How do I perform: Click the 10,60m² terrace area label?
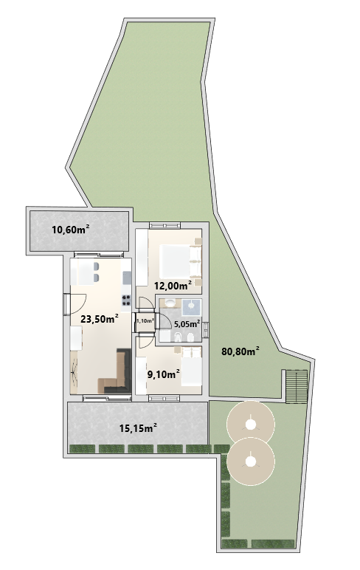click(x=71, y=230)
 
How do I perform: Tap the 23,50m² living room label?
click(x=100, y=319)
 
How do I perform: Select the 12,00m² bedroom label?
click(x=173, y=286)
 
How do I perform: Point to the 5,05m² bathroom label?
click(x=187, y=323)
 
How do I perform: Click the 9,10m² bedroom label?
click(x=164, y=374)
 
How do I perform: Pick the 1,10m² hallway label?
click(x=145, y=320)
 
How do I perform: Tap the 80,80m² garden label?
click(x=240, y=351)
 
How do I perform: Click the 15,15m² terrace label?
click(x=138, y=428)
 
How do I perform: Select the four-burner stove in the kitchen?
click(x=126, y=300)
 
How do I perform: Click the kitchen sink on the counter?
click(x=127, y=278)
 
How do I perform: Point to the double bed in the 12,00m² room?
click(x=181, y=261)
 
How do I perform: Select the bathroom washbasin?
click(x=170, y=303)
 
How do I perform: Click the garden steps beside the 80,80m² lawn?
click(x=297, y=387)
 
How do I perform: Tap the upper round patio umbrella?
click(x=250, y=424)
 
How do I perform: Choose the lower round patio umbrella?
click(x=250, y=461)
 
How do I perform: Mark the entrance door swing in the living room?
click(x=77, y=304)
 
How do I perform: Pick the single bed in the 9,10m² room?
click(x=192, y=366)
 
